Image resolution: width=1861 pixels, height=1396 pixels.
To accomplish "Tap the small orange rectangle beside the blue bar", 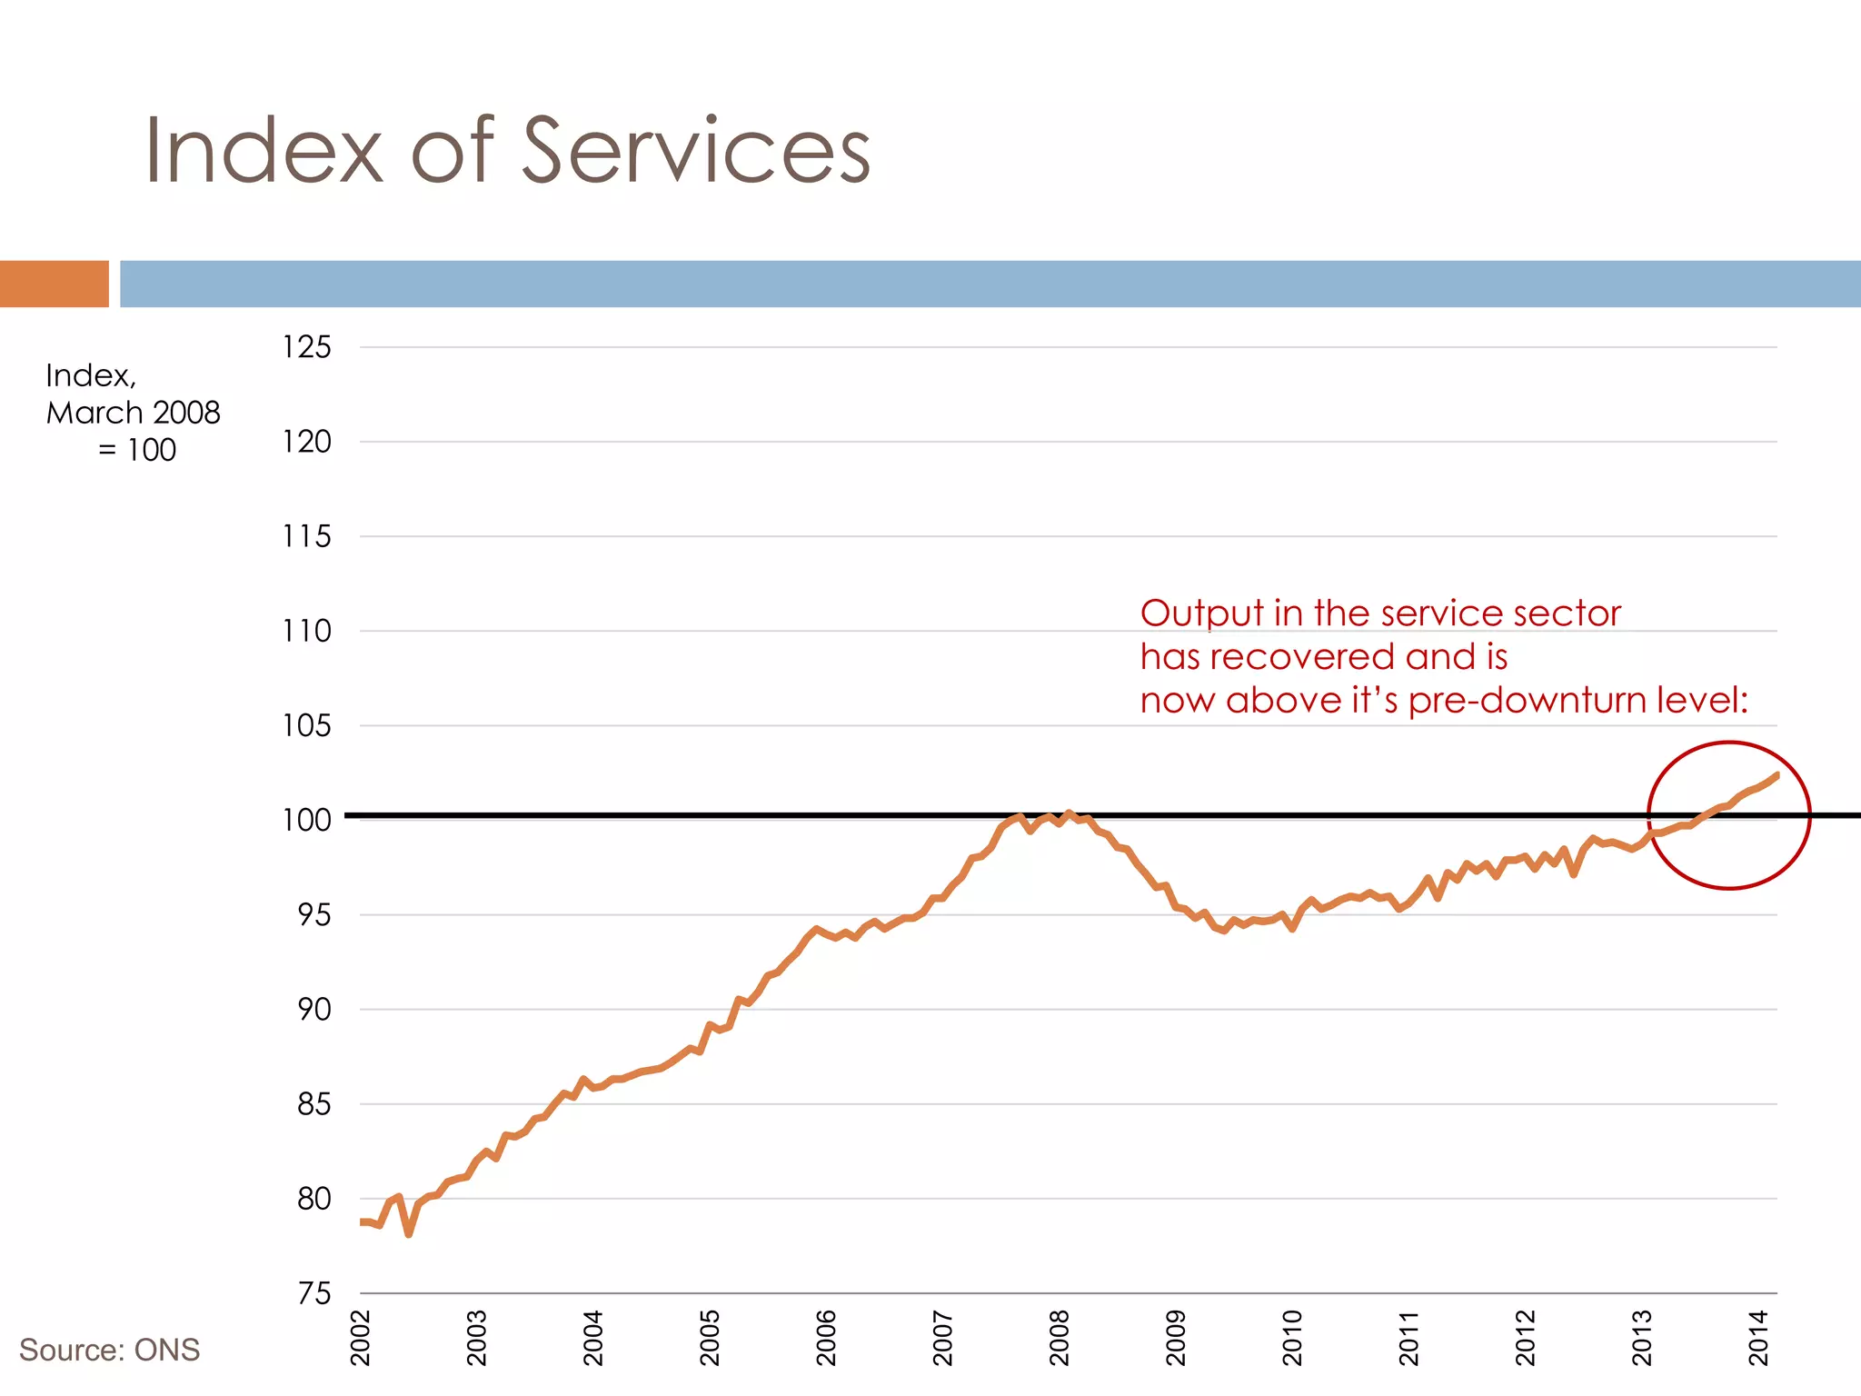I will click(54, 284).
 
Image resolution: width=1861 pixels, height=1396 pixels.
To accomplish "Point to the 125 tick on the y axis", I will click(306, 347).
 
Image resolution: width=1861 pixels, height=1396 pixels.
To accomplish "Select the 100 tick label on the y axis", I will click(306, 820).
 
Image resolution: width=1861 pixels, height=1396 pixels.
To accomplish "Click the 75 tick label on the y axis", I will click(314, 1293).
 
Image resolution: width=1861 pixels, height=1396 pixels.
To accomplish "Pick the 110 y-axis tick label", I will click(306, 631).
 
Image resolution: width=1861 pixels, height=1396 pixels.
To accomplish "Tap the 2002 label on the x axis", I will click(361, 1338).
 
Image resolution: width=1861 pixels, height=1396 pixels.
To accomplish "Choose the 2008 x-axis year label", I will click(1060, 1338).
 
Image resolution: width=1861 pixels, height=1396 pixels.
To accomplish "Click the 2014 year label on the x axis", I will click(1758, 1338).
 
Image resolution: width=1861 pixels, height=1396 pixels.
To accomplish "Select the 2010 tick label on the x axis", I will click(1292, 1338).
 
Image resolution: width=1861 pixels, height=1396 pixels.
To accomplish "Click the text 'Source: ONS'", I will click(109, 1350).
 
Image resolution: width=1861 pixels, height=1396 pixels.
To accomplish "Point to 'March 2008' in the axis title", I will click(133, 413).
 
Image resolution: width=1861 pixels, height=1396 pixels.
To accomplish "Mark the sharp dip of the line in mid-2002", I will click(409, 1234).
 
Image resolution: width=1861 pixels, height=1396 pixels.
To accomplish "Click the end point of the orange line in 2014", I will click(1776, 774).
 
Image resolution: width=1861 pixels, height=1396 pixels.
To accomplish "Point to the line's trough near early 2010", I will click(1292, 929).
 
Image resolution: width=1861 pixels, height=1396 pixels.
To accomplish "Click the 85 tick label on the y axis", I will click(314, 1104).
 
